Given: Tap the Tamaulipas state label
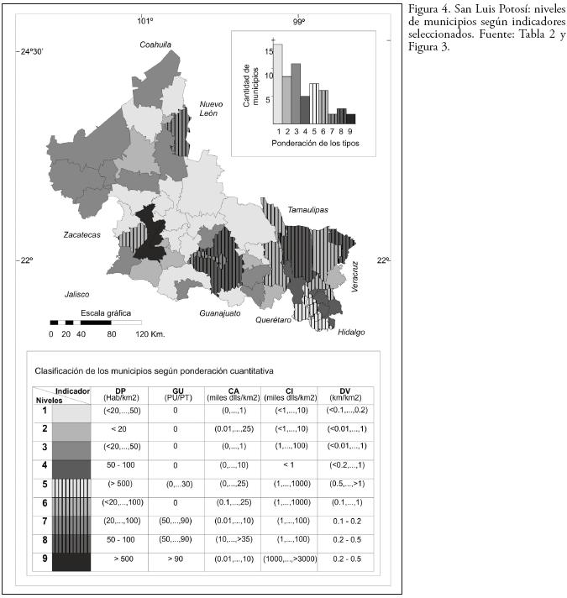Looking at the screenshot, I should pos(307,209).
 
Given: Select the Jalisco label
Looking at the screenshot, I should pos(76,294).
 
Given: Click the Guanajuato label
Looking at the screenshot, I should pos(220,313).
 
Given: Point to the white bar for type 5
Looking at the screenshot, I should pos(314,103).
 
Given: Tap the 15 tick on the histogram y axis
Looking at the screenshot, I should pos(268,50).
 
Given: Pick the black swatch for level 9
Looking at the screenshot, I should pos(71,560).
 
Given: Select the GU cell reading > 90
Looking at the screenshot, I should pos(175,560).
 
